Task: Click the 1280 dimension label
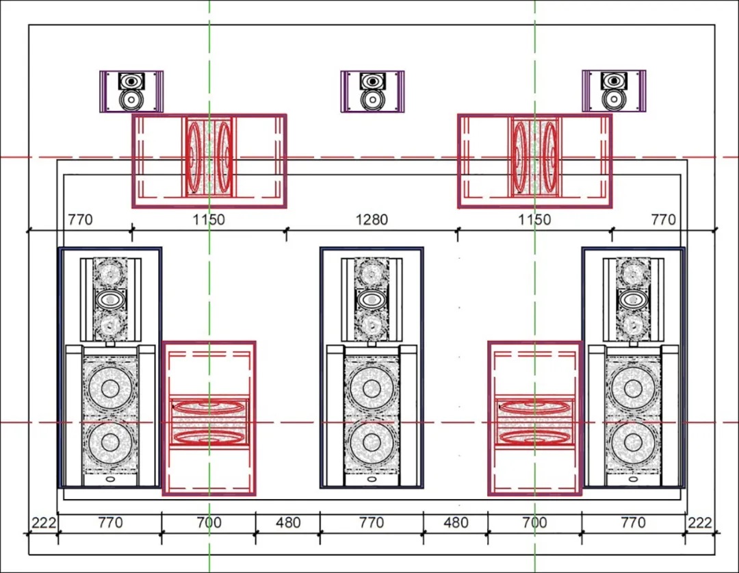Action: click(372, 220)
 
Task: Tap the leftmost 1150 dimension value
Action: click(209, 220)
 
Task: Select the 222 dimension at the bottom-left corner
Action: click(43, 522)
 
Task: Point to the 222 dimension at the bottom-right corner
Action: click(700, 522)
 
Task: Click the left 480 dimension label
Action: click(288, 522)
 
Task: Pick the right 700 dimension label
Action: click(534, 522)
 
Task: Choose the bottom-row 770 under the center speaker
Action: click(372, 522)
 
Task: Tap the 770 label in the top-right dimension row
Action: click(663, 220)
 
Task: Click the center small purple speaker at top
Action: click(372, 92)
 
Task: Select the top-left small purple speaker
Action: click(131, 92)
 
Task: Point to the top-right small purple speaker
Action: click(614, 92)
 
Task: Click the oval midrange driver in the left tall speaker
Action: click(110, 299)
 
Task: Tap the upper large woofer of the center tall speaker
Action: click(372, 389)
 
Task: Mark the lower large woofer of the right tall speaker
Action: click(632, 442)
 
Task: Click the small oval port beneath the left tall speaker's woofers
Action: click(110, 479)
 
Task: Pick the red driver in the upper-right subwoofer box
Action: click(534, 157)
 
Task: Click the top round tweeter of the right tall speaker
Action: click(632, 272)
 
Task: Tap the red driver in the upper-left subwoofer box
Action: click(209, 157)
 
